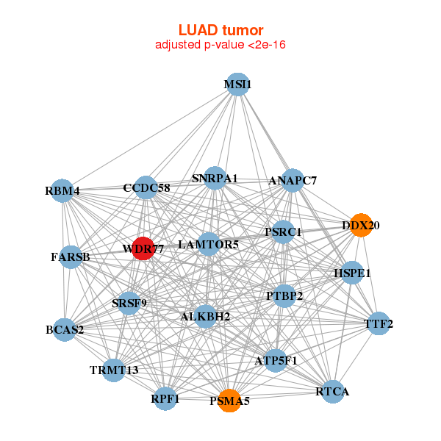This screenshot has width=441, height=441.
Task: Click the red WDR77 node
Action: click(143, 248)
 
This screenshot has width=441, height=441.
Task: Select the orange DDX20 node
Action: click(360, 225)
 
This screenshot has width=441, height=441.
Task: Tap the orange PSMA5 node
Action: click(229, 401)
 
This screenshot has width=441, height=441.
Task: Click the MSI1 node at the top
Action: click(237, 85)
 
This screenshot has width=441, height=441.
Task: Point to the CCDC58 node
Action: click(146, 187)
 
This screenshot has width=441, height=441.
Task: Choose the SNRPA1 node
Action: click(215, 178)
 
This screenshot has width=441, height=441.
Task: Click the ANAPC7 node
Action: click(293, 180)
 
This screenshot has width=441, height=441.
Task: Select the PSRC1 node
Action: click(283, 232)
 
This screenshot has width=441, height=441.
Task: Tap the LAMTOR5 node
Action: click(208, 244)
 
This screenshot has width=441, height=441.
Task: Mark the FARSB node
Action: click(71, 257)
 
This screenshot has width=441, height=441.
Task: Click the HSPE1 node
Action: click(353, 273)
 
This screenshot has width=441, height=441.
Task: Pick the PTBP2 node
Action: click(284, 295)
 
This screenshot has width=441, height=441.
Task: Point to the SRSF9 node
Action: click(129, 302)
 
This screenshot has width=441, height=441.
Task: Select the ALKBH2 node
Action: click(206, 317)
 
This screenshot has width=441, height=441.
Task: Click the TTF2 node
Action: click(379, 323)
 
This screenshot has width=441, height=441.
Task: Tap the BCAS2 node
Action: click(65, 329)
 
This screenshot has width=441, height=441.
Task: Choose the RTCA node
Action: click(332, 392)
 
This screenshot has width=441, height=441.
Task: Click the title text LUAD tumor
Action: click(220, 30)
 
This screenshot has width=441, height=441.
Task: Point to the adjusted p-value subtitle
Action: click(220, 45)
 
